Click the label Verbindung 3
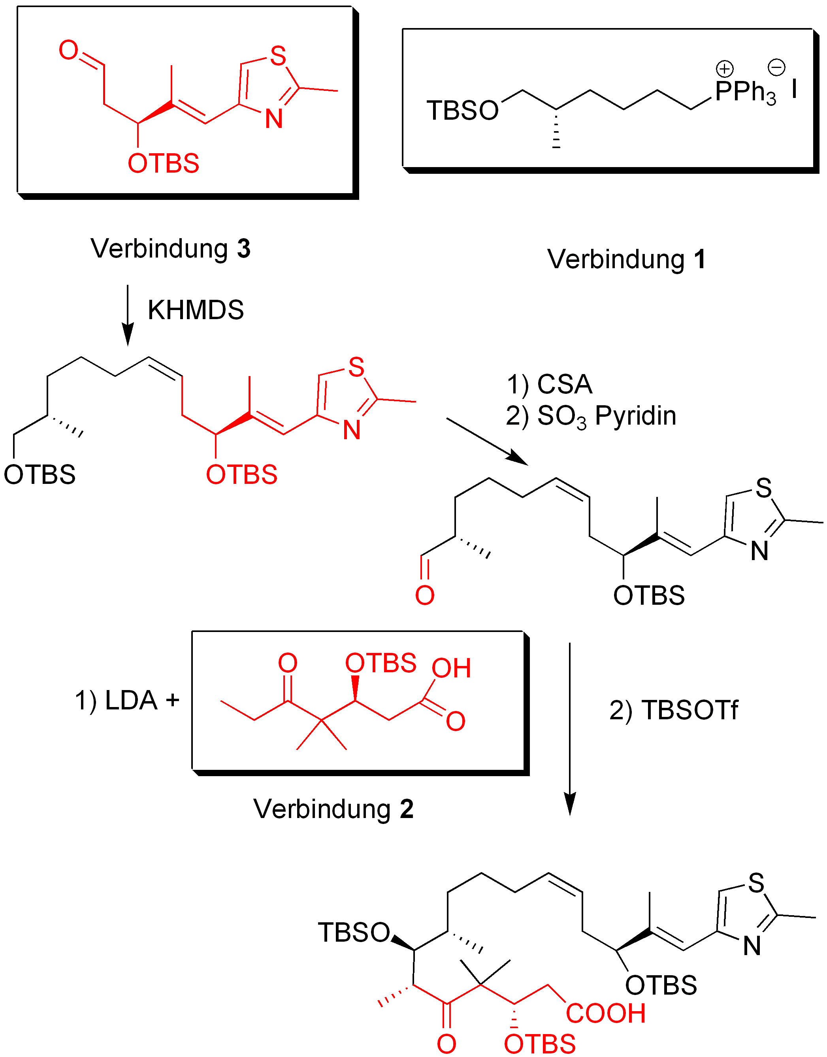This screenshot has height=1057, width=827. tap(170, 249)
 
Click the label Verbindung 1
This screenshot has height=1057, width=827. tap(626, 260)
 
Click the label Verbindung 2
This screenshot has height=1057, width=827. tap(333, 809)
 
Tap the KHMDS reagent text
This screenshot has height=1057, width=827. tap(196, 310)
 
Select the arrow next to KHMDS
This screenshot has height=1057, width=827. tap(128, 314)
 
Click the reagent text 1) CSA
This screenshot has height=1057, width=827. tap(550, 384)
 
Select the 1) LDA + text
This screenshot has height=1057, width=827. tap(127, 700)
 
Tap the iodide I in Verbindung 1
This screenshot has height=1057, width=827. tap(794, 89)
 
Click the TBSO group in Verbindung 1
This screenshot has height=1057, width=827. tap(462, 110)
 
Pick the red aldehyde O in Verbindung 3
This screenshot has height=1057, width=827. tap(68, 50)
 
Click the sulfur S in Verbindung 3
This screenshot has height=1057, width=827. tap(278, 56)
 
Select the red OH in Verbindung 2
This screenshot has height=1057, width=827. tap(451, 668)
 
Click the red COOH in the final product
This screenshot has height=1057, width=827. tap(606, 1014)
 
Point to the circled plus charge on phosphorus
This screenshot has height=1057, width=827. tap(725, 69)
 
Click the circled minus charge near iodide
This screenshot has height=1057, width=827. tap(777, 67)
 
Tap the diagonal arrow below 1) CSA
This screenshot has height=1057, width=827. tap(487, 441)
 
